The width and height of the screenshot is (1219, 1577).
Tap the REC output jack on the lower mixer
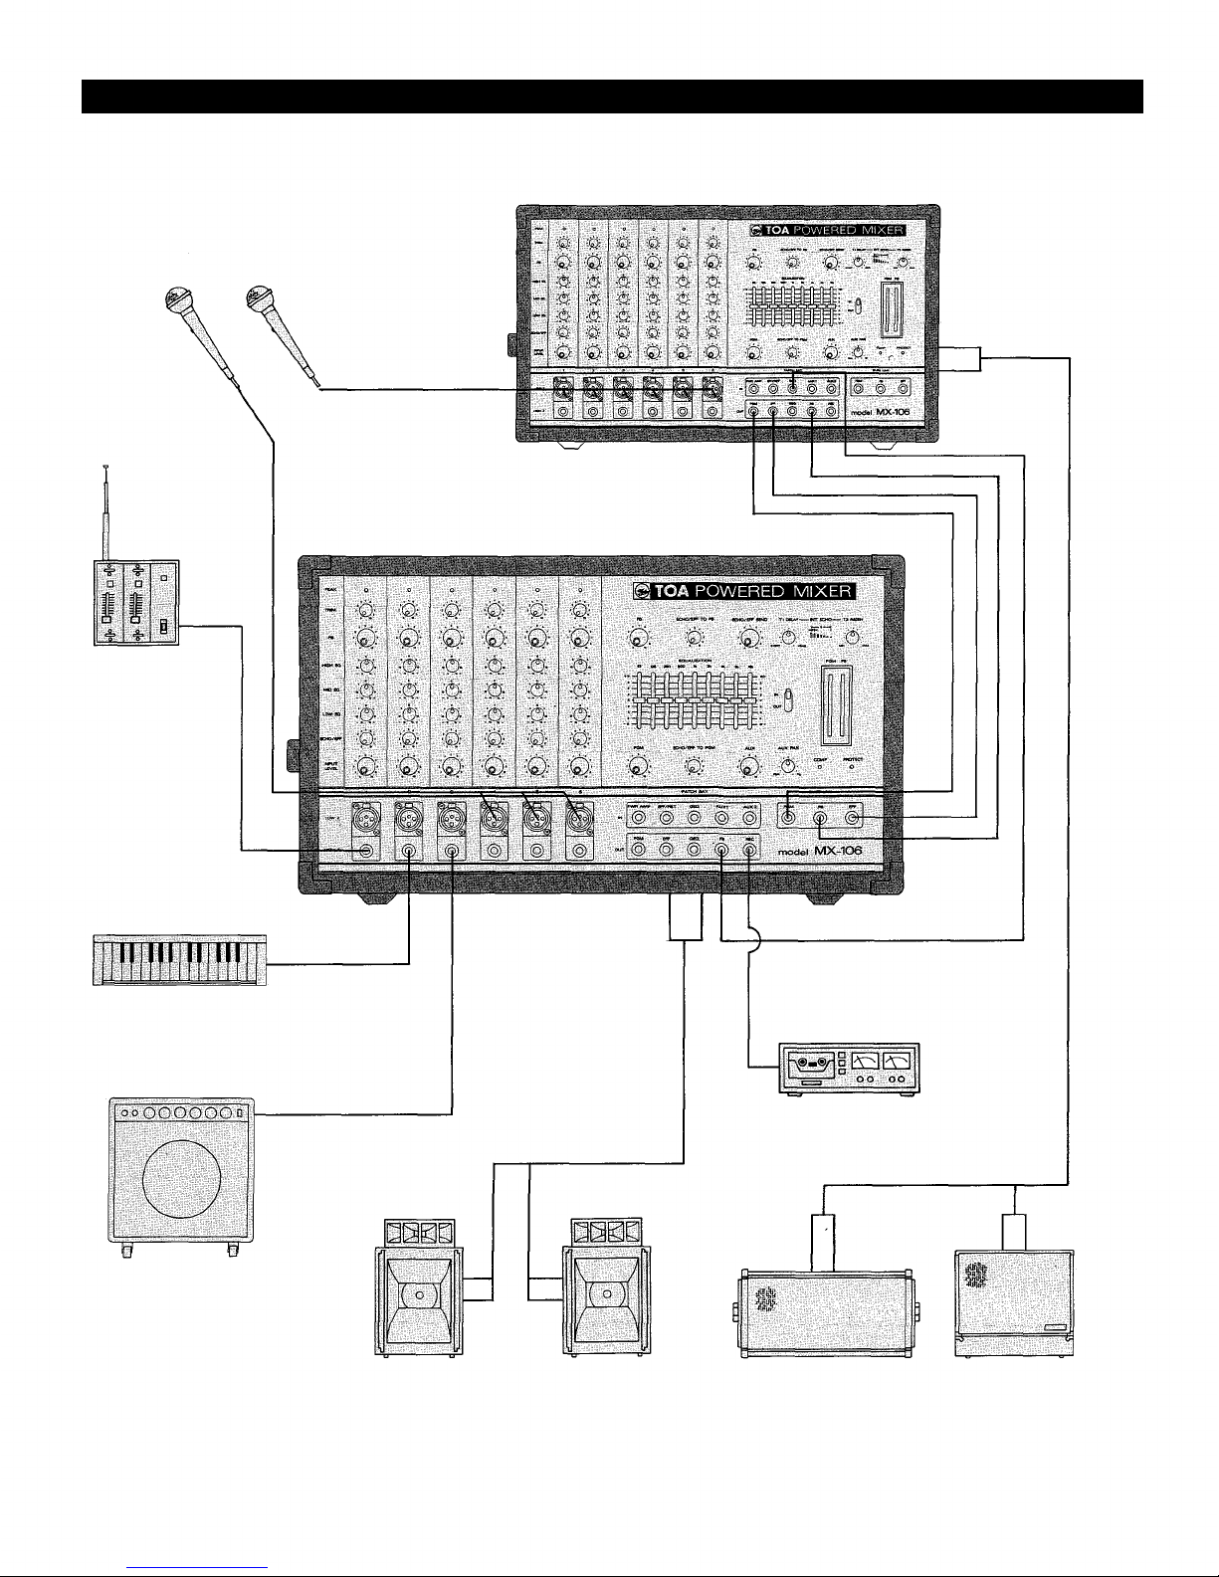point(751,851)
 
